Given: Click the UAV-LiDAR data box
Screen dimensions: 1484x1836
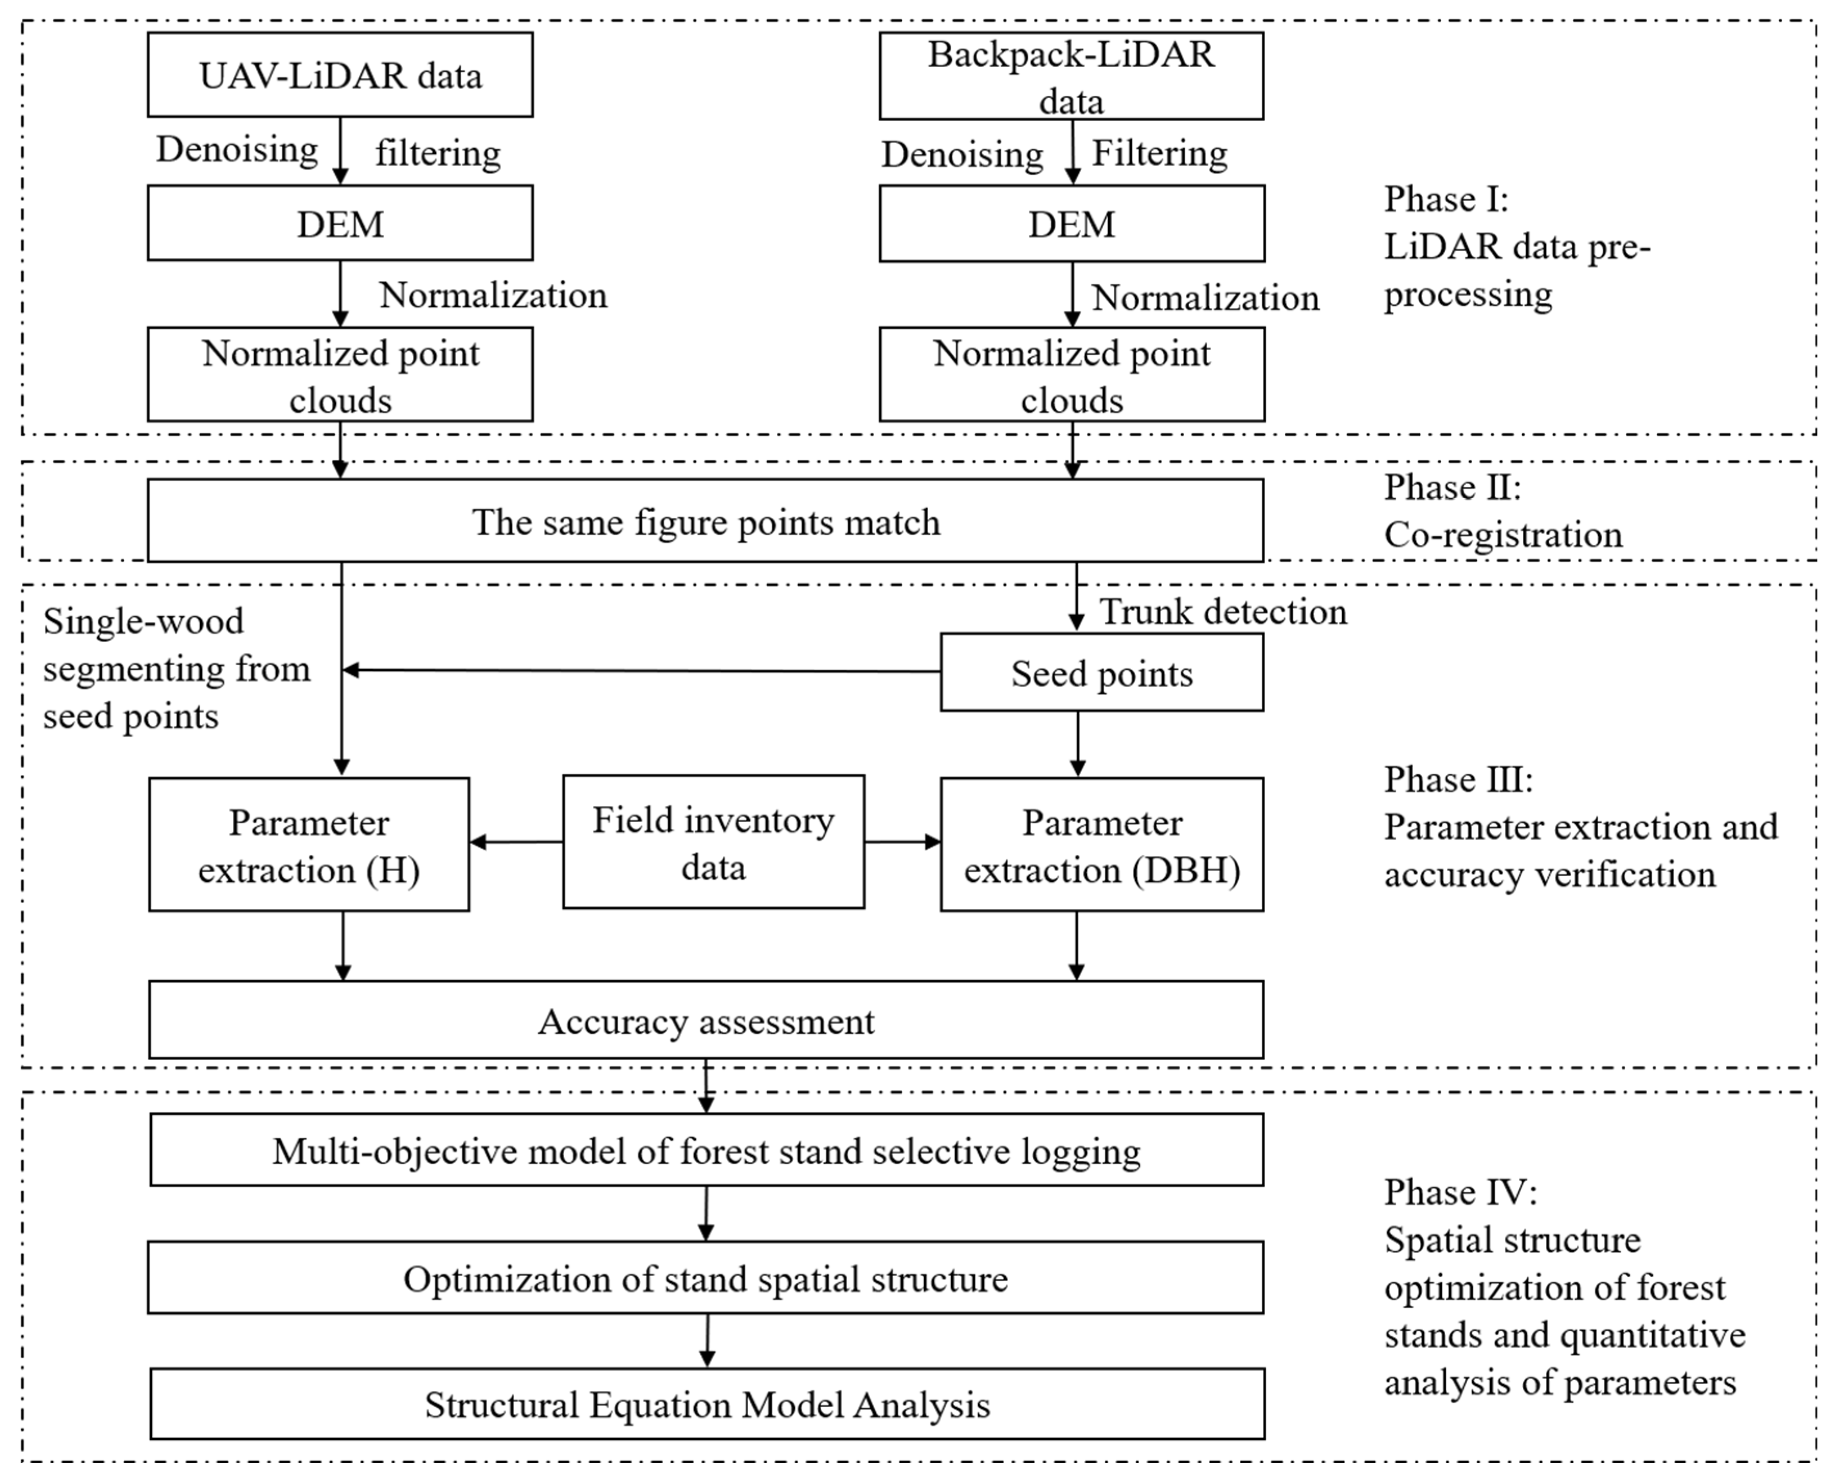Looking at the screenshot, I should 340,75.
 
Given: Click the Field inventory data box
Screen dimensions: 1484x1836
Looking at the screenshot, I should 713,842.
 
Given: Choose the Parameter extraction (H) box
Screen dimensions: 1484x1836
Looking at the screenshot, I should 308,844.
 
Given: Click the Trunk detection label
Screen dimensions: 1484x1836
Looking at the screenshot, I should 1222,611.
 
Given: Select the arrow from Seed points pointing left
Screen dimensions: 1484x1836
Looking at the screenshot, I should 641,670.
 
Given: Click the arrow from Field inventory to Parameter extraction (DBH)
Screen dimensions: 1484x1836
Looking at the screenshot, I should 902,842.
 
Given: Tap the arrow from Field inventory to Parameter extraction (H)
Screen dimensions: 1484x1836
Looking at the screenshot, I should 515,842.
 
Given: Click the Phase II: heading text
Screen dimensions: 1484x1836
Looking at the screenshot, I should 1451,487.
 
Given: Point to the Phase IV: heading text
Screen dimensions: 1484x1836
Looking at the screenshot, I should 1459,1192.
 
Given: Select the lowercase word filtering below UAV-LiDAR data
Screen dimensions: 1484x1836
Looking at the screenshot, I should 438,153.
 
